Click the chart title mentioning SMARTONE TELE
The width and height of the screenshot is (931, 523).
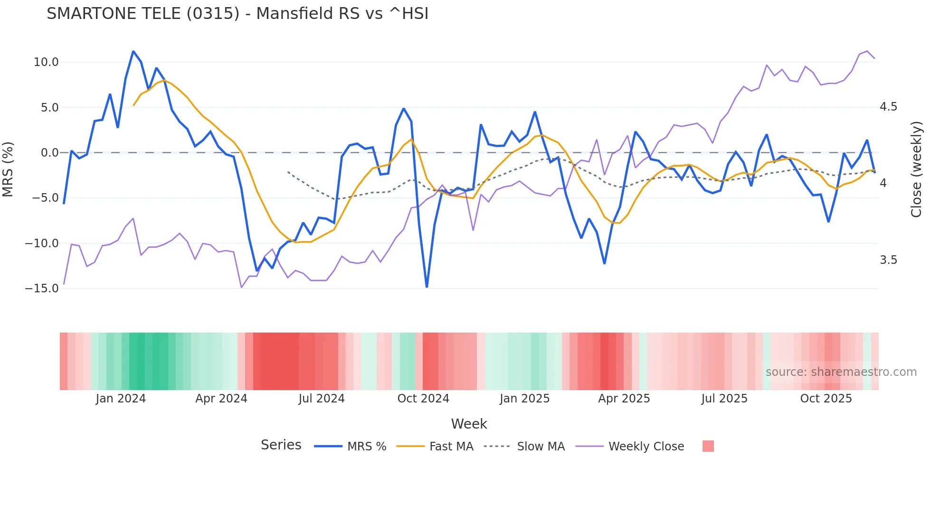(237, 14)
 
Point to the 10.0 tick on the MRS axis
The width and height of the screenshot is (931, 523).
(46, 62)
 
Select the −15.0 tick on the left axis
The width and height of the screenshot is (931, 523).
(42, 289)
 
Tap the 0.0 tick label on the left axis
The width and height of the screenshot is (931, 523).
(49, 153)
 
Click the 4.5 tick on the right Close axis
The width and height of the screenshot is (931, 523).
(888, 107)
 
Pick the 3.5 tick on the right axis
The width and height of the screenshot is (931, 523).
(888, 260)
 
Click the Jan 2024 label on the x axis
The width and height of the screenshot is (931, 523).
(121, 399)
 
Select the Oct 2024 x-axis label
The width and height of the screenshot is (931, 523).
(423, 399)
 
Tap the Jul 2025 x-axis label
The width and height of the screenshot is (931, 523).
(724, 399)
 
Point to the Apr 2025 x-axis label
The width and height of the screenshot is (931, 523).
(624, 399)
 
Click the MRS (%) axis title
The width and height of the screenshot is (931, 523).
(8, 169)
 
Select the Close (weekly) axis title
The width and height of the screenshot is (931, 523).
(916, 169)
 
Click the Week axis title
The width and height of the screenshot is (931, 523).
(469, 424)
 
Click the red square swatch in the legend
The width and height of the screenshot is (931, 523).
(708, 446)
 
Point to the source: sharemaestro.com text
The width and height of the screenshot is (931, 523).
(841, 372)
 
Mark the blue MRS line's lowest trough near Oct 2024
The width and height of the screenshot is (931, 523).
(427, 287)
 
